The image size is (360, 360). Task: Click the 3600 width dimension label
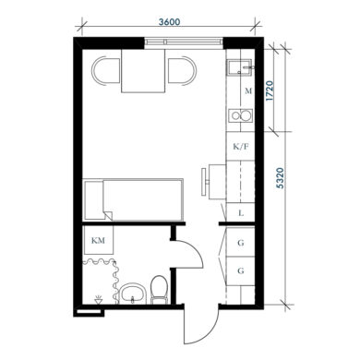tap(170, 22)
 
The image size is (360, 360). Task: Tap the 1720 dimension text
tap(270, 90)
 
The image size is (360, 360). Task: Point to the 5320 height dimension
tap(280, 178)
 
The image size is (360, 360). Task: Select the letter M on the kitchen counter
tap(248, 91)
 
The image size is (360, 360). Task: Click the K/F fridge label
tap(241, 147)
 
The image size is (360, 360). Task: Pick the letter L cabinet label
tap(241, 212)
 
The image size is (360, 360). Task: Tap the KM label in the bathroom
tap(98, 240)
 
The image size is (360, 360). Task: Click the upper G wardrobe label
tap(241, 243)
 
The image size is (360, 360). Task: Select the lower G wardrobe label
tap(241, 270)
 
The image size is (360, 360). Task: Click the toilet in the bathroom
tap(160, 290)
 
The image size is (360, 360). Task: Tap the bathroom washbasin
tap(133, 293)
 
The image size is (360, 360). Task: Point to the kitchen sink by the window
tap(240, 67)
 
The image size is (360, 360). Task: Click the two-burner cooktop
tap(240, 116)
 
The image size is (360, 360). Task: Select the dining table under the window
tap(143, 71)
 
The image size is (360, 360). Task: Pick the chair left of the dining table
tap(106, 71)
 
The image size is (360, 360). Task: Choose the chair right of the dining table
tap(182, 70)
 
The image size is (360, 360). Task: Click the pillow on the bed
tap(94, 200)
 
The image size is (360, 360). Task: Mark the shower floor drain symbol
tap(99, 300)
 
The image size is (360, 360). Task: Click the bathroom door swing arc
tap(192, 250)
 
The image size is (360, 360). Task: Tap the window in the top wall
tap(184, 42)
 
